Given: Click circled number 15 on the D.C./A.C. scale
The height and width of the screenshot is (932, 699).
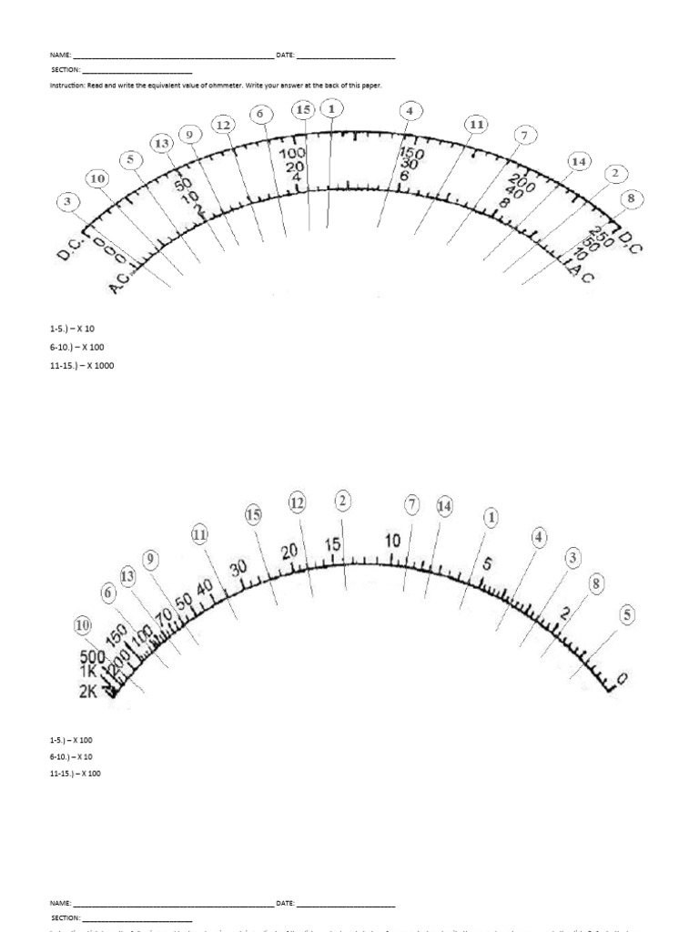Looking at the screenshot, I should point(304,110).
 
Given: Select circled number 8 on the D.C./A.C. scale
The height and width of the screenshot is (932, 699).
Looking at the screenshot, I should point(628,198).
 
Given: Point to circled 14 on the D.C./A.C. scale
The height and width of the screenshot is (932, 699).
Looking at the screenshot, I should point(577,162).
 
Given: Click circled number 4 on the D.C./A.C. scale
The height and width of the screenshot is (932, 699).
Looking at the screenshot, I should point(410,111).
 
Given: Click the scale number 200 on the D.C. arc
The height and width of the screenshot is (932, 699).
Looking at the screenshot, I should point(522,180).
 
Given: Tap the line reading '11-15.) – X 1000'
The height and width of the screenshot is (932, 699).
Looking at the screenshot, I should point(83,365).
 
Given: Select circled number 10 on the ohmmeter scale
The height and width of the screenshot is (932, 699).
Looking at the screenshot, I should point(84,626).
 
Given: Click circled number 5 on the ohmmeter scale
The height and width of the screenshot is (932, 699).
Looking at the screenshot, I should point(626,614).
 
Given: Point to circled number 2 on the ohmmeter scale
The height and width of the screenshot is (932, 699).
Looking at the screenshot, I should point(342,501).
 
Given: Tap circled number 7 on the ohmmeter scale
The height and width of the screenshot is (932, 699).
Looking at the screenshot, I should point(412,504).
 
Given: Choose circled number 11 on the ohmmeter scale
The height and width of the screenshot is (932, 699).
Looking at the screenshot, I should point(200,535).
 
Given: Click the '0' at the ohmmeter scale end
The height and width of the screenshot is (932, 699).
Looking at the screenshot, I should point(621,679).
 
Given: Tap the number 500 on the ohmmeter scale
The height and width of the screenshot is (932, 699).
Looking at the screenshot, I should point(93,657).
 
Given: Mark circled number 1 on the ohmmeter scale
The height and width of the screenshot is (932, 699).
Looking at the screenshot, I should point(491,518).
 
